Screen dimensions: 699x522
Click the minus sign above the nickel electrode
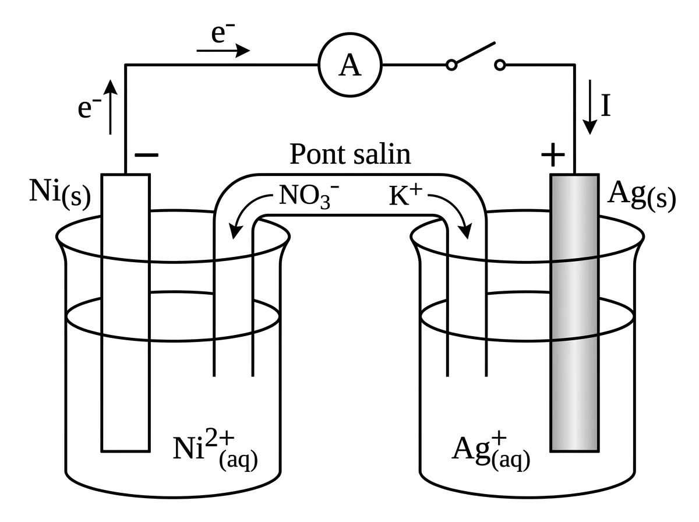(146, 155)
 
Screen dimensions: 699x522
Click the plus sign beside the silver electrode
(553, 155)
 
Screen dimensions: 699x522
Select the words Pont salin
(350, 154)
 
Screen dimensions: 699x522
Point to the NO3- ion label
(309, 196)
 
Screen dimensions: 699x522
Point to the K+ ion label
(405, 195)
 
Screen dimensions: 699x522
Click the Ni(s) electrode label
(60, 194)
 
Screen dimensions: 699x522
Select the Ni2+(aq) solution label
(216, 449)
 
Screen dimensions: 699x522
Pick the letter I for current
(606, 105)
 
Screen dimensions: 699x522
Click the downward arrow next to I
(590, 107)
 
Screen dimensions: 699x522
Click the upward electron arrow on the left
(110, 107)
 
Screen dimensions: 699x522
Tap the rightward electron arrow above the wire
(223, 51)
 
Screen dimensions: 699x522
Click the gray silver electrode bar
(575, 313)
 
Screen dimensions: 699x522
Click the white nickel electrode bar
(125, 313)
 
